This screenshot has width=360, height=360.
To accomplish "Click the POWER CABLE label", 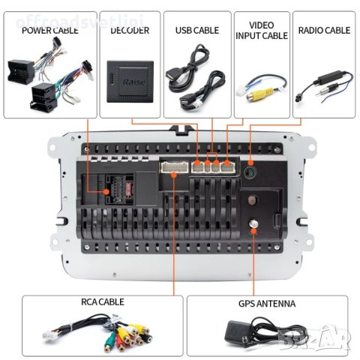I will [49, 31].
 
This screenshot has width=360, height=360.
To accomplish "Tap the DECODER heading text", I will [130, 31].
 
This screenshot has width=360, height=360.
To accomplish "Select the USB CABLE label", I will [196, 31].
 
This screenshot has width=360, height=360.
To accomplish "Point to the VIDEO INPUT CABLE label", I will [261, 30].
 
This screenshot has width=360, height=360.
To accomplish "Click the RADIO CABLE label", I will [324, 31].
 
